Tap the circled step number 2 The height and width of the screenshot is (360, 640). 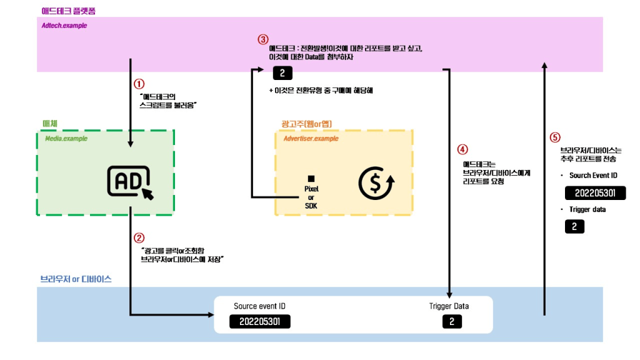tap(139, 237)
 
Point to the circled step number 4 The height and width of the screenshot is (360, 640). tap(462, 149)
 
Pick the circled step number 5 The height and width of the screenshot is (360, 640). tap(554, 137)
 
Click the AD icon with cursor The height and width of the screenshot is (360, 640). tap(130, 182)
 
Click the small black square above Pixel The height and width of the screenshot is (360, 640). tap(311, 179)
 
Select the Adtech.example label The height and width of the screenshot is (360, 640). tap(64, 26)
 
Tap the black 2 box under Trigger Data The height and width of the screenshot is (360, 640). tap(451, 322)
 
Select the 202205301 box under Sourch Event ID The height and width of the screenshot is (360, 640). tap(595, 192)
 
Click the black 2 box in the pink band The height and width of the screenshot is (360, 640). tap(282, 74)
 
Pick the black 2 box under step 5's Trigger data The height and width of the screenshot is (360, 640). tap(574, 226)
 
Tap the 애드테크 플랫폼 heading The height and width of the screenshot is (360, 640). tap(68, 11)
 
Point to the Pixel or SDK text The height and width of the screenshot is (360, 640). tap(311, 197)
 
